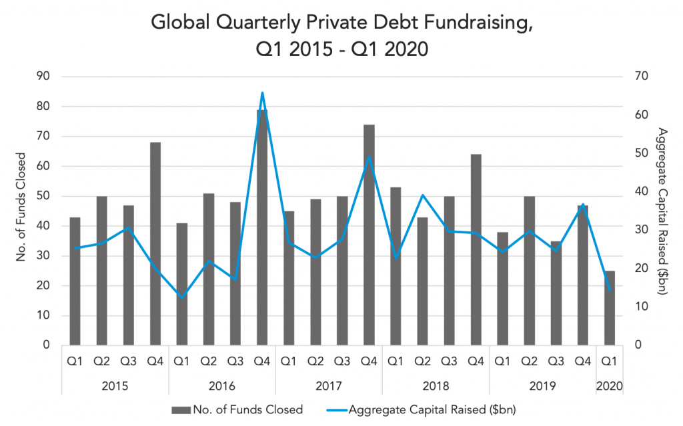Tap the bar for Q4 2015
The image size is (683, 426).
[x=155, y=244]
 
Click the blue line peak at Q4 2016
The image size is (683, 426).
[x=262, y=93]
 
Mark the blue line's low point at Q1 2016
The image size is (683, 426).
[x=181, y=297]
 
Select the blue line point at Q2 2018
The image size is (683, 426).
[x=422, y=195]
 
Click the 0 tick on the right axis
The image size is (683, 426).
[x=637, y=345]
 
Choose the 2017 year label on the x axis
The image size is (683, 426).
[x=329, y=386]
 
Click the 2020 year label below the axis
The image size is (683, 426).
[x=610, y=386]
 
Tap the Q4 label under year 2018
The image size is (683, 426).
[x=476, y=361]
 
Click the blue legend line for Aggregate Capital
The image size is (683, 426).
[x=341, y=409]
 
